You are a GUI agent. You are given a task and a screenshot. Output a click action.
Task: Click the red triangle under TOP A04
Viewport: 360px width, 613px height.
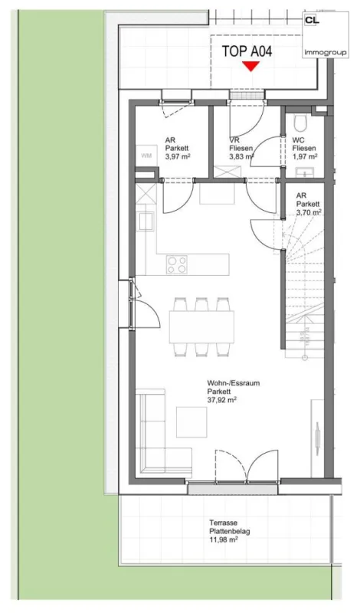[250, 66]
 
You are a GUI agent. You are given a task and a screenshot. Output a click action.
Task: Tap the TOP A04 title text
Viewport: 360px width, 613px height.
[247, 51]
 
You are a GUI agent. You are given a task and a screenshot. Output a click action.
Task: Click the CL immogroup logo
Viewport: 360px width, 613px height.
[326, 34]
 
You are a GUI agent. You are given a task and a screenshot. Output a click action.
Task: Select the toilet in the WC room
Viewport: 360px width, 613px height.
[301, 123]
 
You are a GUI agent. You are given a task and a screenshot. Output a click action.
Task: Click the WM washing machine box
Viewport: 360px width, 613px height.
[146, 156]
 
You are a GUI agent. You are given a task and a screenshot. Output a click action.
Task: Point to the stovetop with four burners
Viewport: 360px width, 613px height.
[177, 264]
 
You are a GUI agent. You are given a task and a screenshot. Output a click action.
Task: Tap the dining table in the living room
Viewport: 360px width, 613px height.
[201, 327]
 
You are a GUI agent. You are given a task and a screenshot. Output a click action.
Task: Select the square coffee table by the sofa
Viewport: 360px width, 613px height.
[191, 422]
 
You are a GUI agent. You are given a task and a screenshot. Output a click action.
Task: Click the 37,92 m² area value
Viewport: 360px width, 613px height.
[221, 400]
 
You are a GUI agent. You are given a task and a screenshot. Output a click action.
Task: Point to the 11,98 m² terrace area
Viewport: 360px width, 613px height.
[224, 539]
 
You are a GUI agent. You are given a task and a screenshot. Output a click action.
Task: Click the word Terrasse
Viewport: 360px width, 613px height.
[223, 523]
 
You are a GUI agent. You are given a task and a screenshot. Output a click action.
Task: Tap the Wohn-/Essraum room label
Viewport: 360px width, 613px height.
[234, 383]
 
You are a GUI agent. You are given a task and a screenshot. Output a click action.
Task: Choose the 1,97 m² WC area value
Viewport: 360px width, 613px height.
[305, 156]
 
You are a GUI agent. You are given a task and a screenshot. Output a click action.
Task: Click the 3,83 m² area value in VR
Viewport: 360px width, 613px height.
[242, 156]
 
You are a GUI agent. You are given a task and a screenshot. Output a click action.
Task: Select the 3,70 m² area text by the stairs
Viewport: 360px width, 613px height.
[309, 212]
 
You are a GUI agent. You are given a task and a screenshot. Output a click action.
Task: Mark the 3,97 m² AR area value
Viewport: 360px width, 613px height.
[178, 156]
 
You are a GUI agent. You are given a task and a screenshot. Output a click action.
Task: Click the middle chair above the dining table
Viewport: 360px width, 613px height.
[201, 304]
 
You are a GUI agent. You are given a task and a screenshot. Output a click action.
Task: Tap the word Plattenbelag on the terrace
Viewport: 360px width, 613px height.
[230, 531]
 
